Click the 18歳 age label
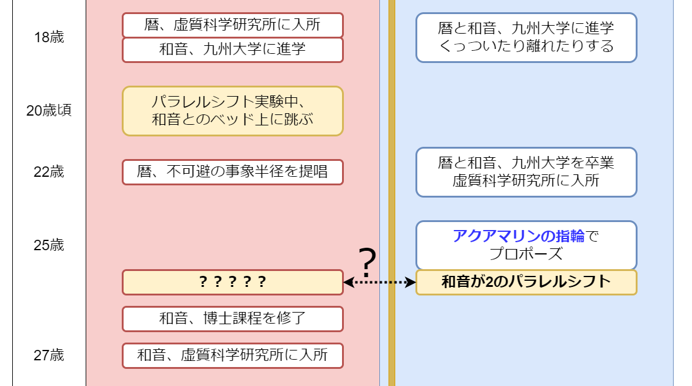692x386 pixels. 49,37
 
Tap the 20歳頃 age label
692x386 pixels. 49,111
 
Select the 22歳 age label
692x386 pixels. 49,172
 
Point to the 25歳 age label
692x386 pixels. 49,245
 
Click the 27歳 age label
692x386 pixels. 49,355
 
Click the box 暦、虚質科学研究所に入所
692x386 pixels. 233,25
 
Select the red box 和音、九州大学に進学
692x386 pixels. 233,50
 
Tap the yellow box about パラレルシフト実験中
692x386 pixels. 233,111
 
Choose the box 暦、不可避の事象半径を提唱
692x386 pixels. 233,172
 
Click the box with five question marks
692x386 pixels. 233,282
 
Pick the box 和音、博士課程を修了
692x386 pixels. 233,319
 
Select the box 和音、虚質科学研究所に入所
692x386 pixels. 233,355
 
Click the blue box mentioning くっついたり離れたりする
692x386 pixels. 526,37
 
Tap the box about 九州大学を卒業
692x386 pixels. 526,172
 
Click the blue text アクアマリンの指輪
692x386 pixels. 519,236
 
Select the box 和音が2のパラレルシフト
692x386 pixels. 526,282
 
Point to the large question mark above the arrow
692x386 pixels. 366,263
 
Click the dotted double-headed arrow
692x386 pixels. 379,282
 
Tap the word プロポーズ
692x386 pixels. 526,254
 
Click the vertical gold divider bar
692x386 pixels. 392,184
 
